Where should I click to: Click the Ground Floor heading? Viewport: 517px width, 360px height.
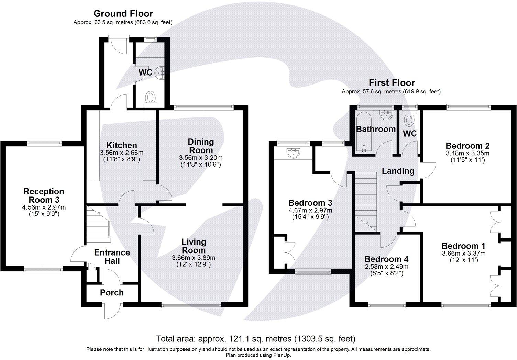pyautogui.click(x=123, y=14)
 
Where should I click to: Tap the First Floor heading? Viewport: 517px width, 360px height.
pyautogui.click(x=392, y=83)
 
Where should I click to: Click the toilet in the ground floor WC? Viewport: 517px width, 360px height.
pyautogui.click(x=150, y=97)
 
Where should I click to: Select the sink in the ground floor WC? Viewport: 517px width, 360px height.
pyautogui.click(x=161, y=72)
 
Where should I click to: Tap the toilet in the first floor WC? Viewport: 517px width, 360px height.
pyautogui.click(x=409, y=120)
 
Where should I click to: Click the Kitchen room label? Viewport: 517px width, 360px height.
pyautogui.click(x=121, y=145)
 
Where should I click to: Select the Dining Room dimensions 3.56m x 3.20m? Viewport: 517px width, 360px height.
pyautogui.click(x=201, y=158)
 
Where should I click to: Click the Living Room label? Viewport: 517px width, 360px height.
pyautogui.click(x=194, y=246)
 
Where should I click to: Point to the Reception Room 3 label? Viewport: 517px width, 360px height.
pyautogui.click(x=44, y=195)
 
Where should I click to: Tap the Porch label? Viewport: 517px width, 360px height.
pyautogui.click(x=112, y=293)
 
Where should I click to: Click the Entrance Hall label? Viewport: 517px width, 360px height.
pyautogui.click(x=112, y=257)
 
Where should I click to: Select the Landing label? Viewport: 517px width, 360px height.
pyautogui.click(x=398, y=171)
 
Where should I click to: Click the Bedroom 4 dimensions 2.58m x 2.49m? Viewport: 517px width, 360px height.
pyautogui.click(x=386, y=267)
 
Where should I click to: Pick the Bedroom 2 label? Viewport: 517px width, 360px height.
pyautogui.click(x=467, y=146)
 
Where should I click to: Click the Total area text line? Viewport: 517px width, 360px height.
pyautogui.click(x=255, y=339)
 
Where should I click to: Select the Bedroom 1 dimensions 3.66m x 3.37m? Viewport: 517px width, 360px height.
pyautogui.click(x=463, y=254)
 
